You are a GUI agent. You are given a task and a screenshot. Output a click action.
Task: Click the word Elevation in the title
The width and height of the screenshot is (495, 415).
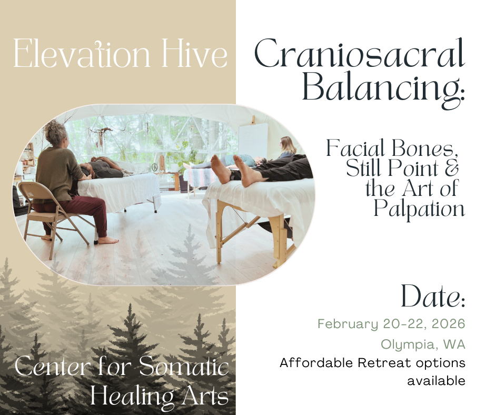click(x=82, y=53)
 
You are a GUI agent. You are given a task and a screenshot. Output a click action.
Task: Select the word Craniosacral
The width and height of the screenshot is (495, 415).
click(x=360, y=53)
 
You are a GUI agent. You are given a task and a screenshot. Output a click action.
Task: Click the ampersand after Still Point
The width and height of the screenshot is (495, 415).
click(x=451, y=168)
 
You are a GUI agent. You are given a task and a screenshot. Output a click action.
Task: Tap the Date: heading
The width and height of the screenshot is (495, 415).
click(x=433, y=297)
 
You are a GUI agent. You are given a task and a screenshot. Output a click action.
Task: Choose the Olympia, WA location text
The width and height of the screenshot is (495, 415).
click(x=423, y=344)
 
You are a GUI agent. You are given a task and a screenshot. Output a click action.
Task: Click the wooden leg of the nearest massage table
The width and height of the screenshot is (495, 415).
click(x=219, y=233)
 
